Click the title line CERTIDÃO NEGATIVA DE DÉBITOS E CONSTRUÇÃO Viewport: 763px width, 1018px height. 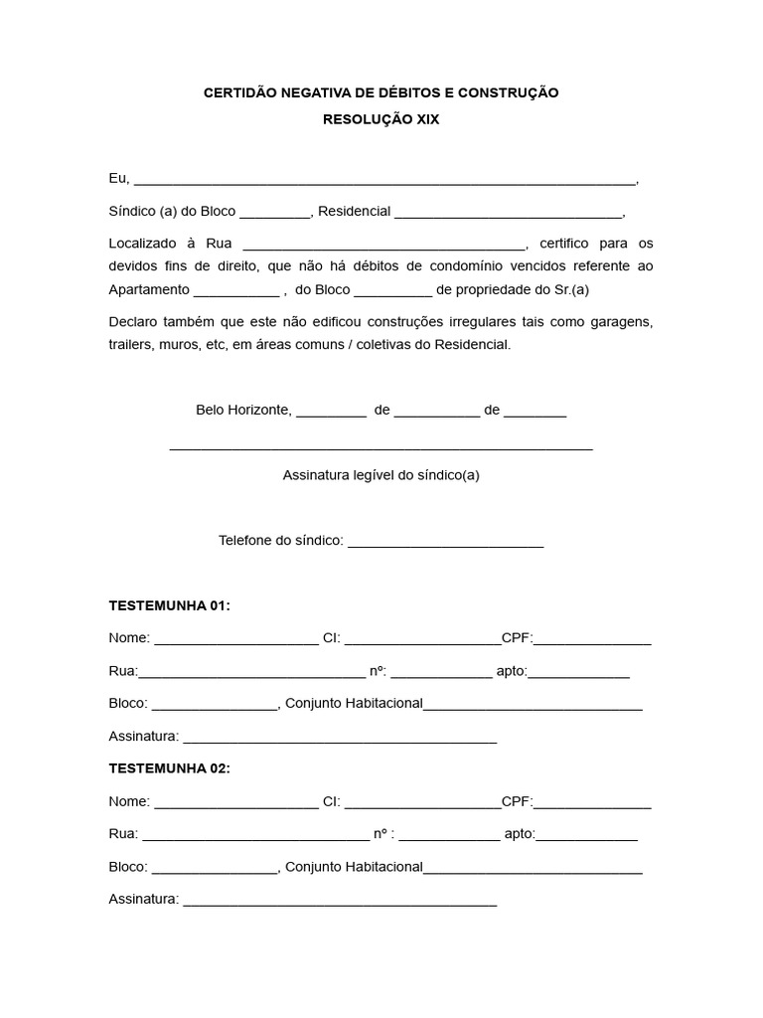coord(381,92)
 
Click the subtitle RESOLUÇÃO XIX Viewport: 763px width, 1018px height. coord(381,118)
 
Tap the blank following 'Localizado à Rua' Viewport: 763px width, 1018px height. coord(383,246)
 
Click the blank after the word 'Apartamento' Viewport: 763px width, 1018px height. coord(236,292)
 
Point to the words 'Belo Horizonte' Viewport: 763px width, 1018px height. coord(242,410)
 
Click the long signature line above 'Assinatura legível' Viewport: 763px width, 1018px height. coord(381,448)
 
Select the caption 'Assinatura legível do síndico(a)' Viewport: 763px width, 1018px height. coord(381,475)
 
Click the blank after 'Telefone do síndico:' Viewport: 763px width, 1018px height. coord(446,543)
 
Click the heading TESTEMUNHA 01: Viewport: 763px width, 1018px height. coord(169,605)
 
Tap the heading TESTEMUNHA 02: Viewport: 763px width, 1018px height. coord(169,768)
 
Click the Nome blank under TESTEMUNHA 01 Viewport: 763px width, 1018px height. coord(235,640)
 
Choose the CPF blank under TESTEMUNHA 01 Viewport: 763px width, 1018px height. coord(592,640)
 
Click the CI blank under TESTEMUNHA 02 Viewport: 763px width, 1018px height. coord(422,804)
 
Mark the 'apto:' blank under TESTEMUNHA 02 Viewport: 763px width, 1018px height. coord(586,837)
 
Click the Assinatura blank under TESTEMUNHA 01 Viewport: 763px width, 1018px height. coord(340,740)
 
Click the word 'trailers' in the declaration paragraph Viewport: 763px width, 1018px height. coord(131,344)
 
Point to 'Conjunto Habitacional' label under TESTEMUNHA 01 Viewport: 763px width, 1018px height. coord(354,704)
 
